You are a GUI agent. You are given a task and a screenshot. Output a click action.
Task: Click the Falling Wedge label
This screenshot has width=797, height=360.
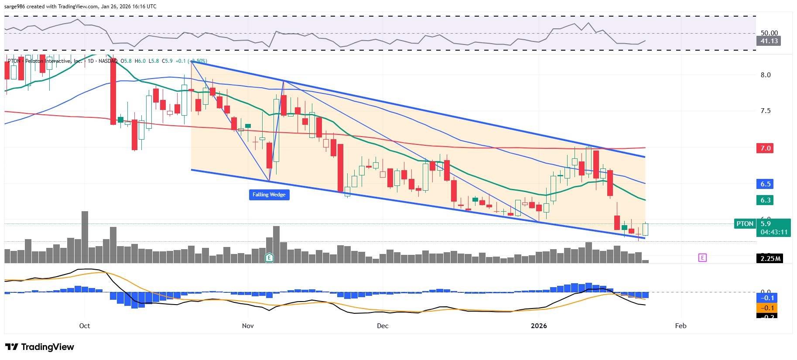[269, 195]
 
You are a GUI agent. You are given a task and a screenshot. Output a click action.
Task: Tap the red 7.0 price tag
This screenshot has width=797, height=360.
[766, 148]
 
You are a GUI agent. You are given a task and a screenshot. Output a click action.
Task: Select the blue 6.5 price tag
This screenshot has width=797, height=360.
[766, 184]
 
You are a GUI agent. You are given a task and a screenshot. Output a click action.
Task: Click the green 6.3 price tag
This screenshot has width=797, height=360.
[766, 200]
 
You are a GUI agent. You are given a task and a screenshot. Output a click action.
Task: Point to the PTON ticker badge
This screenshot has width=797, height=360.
[745, 224]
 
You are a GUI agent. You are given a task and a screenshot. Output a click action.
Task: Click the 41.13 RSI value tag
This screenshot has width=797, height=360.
[769, 41]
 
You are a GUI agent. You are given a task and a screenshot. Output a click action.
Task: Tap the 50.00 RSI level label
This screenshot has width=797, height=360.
[769, 33]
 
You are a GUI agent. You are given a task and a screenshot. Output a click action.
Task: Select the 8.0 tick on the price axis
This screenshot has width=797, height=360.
[766, 75]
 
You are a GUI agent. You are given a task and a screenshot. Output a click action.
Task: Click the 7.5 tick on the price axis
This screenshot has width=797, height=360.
[766, 111]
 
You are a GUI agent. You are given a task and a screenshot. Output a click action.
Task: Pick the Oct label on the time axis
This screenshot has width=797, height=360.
[85, 326]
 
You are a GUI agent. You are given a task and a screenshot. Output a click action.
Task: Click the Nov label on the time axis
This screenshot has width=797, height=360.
[248, 326]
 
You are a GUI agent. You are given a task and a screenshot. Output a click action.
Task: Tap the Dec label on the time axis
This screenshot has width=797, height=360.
[383, 326]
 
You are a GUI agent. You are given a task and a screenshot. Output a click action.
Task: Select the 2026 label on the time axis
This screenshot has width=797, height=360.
[539, 326]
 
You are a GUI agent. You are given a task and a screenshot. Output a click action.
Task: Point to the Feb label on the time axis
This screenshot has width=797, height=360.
[681, 326]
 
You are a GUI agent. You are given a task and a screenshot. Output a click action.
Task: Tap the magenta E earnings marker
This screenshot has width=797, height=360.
[702, 258]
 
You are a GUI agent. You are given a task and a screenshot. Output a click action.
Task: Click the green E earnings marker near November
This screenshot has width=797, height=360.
[269, 258]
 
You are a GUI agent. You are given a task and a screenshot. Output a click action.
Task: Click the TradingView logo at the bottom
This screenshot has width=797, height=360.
[40, 347]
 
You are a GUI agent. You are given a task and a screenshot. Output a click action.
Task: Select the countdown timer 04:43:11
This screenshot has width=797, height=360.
[774, 232]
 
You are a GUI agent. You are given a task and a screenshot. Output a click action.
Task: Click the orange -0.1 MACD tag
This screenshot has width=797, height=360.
[767, 308]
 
